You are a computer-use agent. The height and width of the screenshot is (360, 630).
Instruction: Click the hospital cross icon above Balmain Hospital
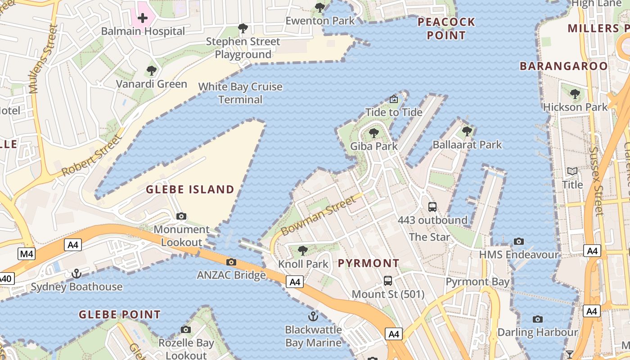pyautogui.click(x=143, y=18)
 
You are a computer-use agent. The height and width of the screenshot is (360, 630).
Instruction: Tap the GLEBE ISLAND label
pyautogui.click(x=190, y=189)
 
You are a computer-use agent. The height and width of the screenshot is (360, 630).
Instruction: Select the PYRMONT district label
pyautogui.click(x=368, y=263)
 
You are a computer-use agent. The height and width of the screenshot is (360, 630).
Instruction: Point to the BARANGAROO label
pyautogui.click(x=564, y=66)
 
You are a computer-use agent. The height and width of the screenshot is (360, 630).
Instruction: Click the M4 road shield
pyautogui.click(x=27, y=254)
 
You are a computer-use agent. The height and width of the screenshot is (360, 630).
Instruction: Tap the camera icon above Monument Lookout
pyautogui.click(x=181, y=216)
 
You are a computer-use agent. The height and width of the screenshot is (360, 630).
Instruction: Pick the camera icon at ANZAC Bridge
pyautogui.click(x=231, y=262)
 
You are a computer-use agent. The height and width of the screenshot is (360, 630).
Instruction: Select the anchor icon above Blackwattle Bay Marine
pyautogui.click(x=313, y=316)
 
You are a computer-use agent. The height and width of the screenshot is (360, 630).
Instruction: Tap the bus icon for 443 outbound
pyautogui.click(x=432, y=207)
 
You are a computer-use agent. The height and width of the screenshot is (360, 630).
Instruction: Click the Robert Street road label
pyautogui.click(x=92, y=155)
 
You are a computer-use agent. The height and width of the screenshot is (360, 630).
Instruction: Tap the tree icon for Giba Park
pyautogui.click(x=374, y=133)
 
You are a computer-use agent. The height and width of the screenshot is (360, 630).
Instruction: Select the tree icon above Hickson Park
pyautogui.click(x=575, y=94)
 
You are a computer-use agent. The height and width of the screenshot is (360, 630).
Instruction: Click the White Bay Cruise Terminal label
pyautogui.click(x=240, y=93)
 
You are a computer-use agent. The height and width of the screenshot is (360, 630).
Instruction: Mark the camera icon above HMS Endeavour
pyautogui.click(x=519, y=242)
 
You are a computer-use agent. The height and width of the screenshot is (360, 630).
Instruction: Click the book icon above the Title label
pyautogui.click(x=572, y=171)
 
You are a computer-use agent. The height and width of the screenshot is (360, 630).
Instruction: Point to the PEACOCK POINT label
pyautogui.click(x=446, y=28)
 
